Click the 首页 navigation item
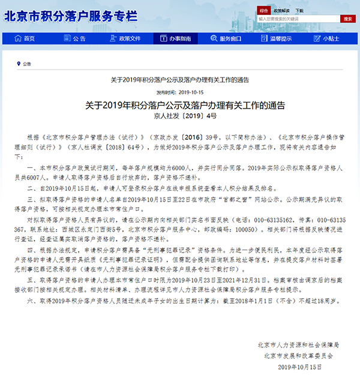click(x=25, y=38)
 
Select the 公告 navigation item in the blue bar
click(x=75, y=38)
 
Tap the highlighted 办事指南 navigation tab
click(x=175, y=38)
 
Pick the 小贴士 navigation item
click(x=326, y=38)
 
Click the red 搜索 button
click(x=347, y=19)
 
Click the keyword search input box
click(x=298, y=19)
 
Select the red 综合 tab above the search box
click(x=264, y=10)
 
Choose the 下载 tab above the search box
click(x=299, y=10)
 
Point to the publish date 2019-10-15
click(x=188, y=92)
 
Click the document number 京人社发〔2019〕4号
click(x=180, y=115)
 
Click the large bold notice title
click(x=180, y=104)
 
